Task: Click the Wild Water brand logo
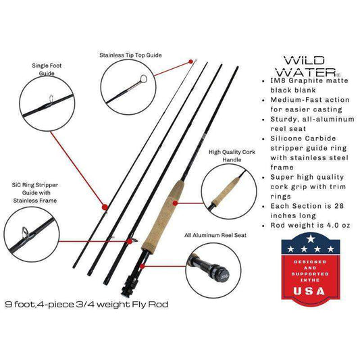point(307,66)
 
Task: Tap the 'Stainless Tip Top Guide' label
point(130,55)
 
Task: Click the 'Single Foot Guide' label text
point(47,70)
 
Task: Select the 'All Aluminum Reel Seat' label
point(215,235)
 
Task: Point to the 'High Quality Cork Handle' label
point(232,156)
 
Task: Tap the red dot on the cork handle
point(175,203)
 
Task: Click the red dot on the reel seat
point(142,266)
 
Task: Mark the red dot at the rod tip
point(190,61)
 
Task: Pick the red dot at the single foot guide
point(105,207)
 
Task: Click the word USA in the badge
point(309,291)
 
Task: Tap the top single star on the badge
point(311,239)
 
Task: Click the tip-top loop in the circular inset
point(143,79)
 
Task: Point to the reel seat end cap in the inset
point(222,272)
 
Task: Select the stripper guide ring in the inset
point(25,232)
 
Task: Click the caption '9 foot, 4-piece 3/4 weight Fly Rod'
point(86,305)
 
